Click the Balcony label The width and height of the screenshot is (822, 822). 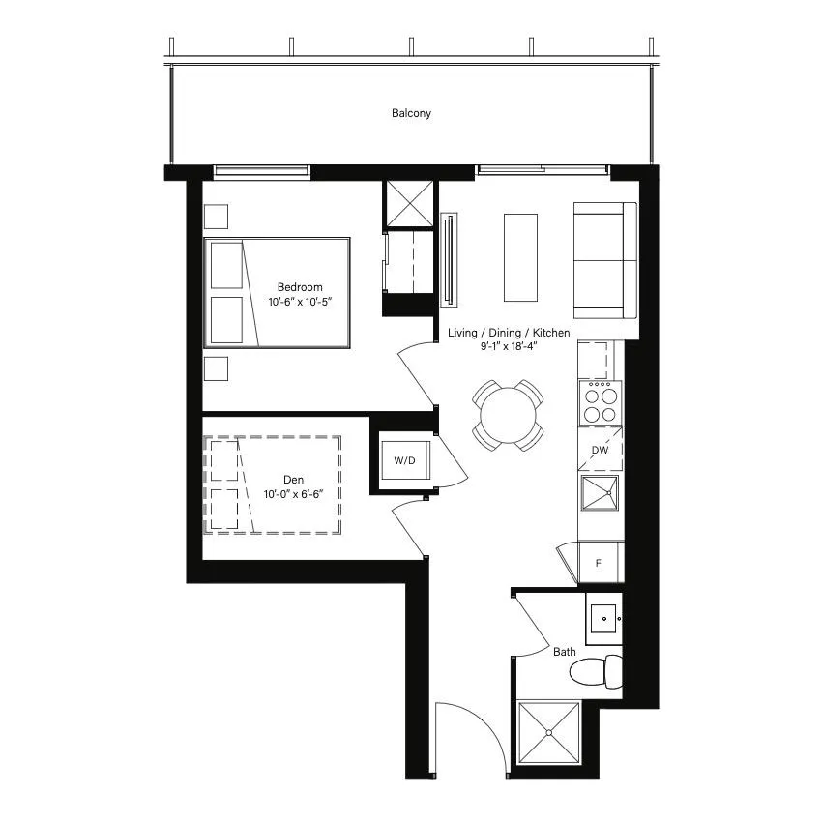tap(412, 113)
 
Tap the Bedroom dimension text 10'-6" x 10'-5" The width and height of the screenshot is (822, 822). tap(300, 302)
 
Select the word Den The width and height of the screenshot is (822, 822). tap(294, 480)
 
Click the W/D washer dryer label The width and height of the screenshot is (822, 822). tap(404, 460)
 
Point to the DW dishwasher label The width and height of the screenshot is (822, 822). tap(600, 450)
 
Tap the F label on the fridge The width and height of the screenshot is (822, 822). tap(599, 564)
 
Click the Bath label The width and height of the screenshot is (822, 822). tap(565, 652)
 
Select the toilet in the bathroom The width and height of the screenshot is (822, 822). tap(596, 672)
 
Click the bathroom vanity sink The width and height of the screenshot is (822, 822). tap(603, 619)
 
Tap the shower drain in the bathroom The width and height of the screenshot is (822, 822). tap(548, 733)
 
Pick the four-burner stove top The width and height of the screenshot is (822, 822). tap(601, 402)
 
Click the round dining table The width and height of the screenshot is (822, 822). tap(508, 415)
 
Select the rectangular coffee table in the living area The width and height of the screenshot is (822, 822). tap(520, 257)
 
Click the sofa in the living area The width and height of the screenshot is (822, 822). tap(605, 260)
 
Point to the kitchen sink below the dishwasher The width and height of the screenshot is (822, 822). tap(600, 493)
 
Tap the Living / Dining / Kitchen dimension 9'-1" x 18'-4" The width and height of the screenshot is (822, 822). tap(509, 346)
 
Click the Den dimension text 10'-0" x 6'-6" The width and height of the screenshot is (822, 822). tap(294, 494)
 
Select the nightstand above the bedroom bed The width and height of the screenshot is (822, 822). tap(216, 217)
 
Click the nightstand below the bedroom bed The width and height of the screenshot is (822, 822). tap(216, 368)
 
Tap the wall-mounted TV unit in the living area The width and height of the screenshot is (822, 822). tap(449, 259)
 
